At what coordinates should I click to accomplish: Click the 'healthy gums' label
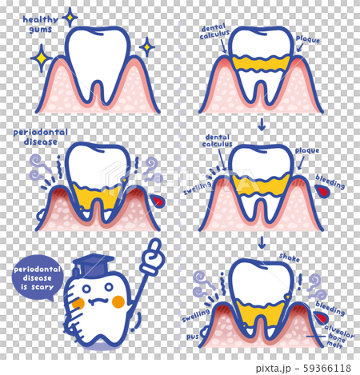[40, 24]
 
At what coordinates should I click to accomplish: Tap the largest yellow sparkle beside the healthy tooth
[41, 58]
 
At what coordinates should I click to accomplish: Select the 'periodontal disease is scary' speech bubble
[38, 278]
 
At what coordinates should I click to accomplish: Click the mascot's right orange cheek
[118, 302]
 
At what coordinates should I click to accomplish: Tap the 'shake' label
[290, 257]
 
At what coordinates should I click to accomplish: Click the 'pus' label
[192, 337]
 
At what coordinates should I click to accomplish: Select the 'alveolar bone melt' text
[338, 335]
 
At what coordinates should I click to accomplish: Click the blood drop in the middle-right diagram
[323, 192]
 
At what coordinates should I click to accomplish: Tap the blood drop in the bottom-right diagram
[321, 317]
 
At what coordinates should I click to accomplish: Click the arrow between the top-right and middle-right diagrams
[262, 124]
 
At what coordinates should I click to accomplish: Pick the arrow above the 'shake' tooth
[262, 242]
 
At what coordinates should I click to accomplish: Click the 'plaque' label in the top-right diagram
[308, 39]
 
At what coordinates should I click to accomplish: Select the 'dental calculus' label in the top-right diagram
[214, 31]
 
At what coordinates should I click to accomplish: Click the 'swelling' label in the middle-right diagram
[197, 189]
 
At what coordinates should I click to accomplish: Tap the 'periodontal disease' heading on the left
[41, 137]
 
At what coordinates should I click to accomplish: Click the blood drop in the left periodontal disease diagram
[158, 201]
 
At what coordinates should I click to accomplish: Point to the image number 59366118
[327, 368]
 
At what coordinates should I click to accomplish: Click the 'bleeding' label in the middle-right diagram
[330, 182]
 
